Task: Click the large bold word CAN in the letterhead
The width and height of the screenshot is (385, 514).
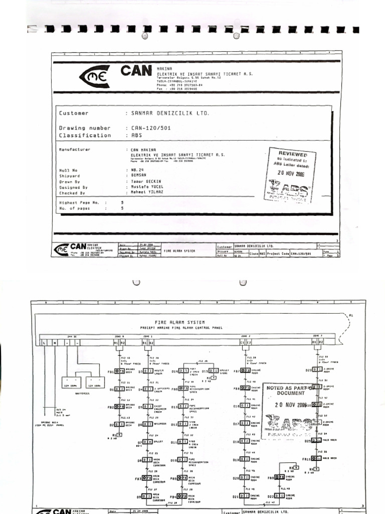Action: pyautogui.click(x=135, y=71)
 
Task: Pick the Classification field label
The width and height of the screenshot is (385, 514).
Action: pyautogui.click(x=85, y=136)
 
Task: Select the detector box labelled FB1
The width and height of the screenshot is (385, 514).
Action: pyautogui.click(x=119, y=371)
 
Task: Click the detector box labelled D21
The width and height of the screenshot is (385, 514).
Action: pyautogui.click(x=244, y=496)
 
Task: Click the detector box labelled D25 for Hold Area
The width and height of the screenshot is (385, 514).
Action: pyautogui.click(x=316, y=441)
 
